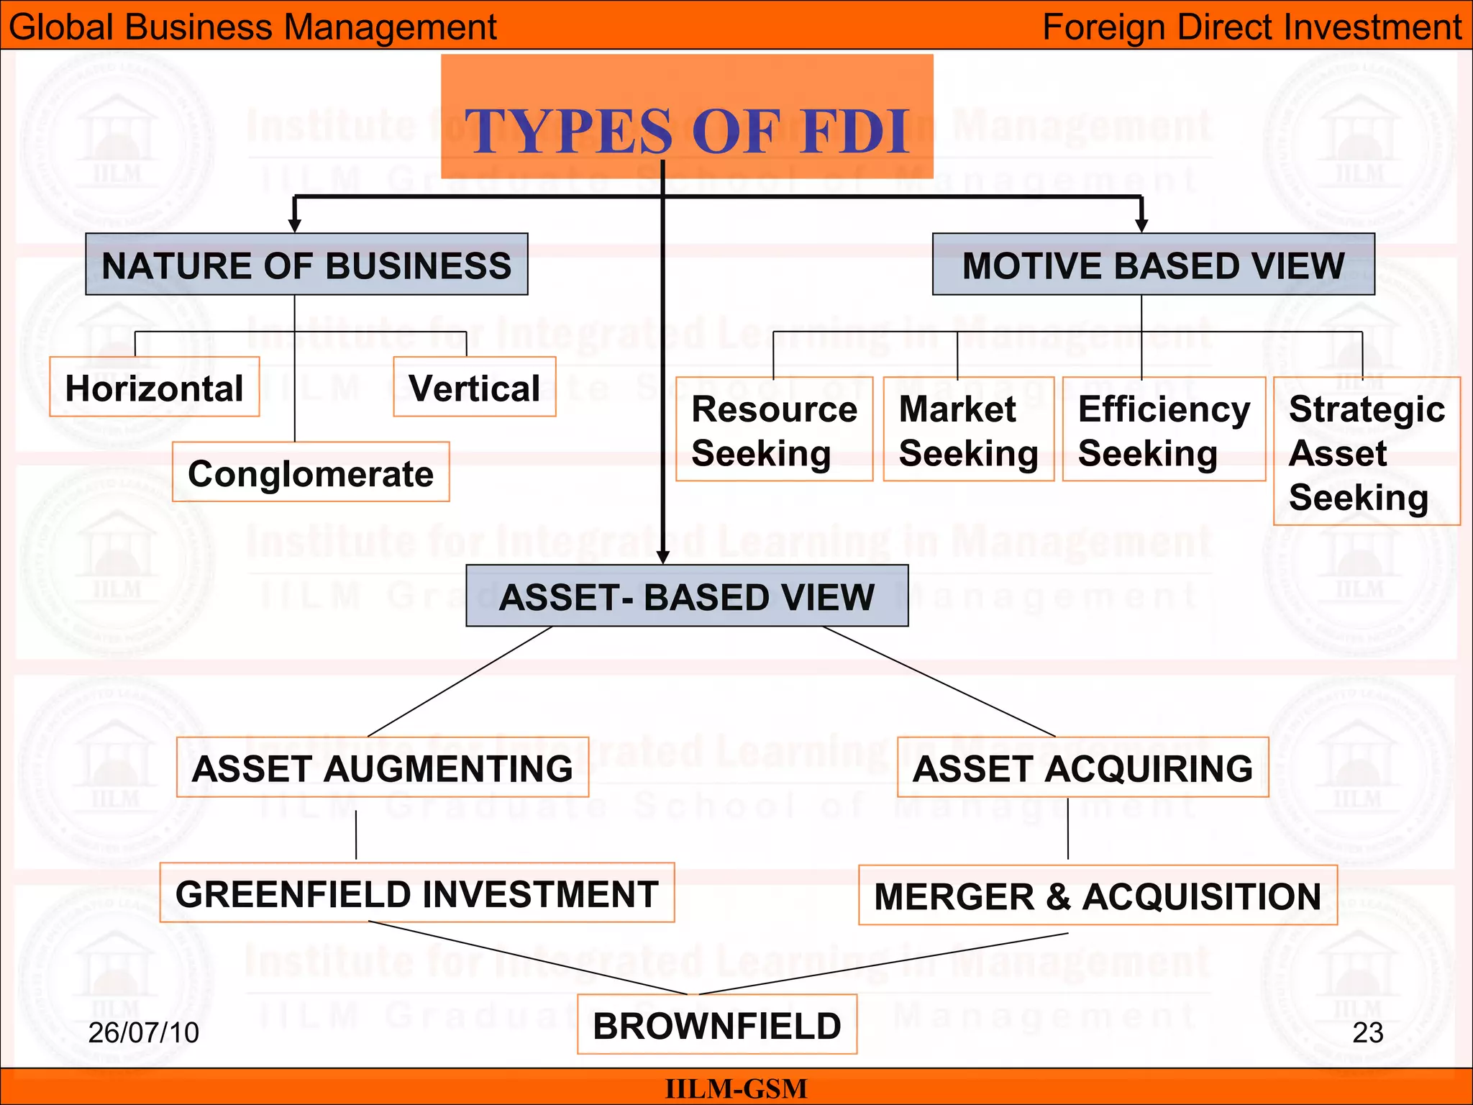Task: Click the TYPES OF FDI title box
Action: click(687, 117)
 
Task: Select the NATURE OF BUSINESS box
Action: click(306, 265)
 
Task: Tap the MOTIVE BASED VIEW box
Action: click(1153, 265)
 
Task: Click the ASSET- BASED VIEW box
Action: click(687, 596)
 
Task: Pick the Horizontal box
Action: click(154, 387)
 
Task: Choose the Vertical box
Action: click(474, 387)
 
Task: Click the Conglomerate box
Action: click(311, 473)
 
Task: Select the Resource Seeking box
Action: click(774, 429)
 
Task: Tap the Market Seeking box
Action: click(968, 429)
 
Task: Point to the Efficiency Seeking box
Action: click(1163, 429)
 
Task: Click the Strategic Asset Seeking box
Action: click(1366, 452)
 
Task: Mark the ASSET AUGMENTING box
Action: click(382, 768)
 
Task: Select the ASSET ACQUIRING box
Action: click(1082, 768)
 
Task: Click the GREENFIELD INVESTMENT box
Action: click(416, 893)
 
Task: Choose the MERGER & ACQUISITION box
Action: click(1098, 896)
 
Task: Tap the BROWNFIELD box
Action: click(717, 1024)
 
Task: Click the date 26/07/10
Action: click(143, 1032)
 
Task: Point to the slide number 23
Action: click(1367, 1032)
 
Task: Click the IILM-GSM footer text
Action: click(736, 1088)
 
